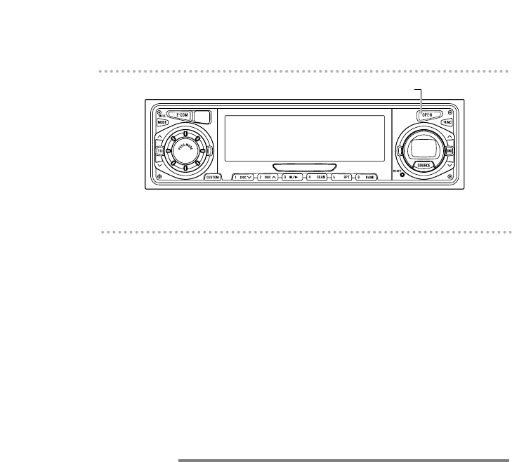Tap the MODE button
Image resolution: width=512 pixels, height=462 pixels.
coord(162,121)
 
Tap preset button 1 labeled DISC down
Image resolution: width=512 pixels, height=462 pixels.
coord(243,178)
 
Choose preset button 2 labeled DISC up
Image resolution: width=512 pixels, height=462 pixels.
coord(268,178)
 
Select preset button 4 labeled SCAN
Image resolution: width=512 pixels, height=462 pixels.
coord(317,178)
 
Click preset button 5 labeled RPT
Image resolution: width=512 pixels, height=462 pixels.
coord(341,178)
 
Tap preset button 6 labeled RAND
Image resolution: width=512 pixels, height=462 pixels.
coord(366,178)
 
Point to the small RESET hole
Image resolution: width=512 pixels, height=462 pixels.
coord(402,174)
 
